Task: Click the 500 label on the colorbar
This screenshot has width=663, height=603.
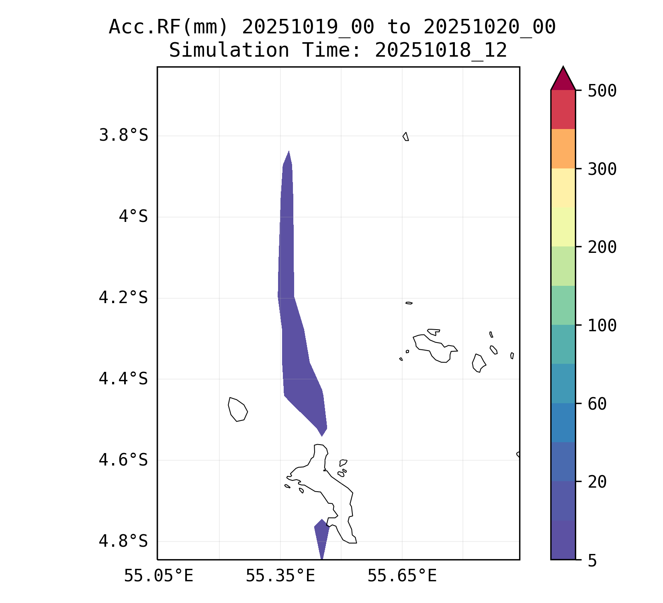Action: click(x=602, y=91)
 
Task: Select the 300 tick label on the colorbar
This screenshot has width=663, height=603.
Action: click(x=602, y=169)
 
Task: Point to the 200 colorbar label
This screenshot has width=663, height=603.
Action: click(x=602, y=247)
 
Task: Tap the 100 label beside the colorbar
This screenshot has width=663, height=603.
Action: click(x=602, y=326)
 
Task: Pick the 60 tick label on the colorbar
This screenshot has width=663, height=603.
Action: click(x=597, y=404)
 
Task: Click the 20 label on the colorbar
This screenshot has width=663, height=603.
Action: click(x=597, y=482)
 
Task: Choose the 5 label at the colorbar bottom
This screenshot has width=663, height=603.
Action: click(x=592, y=560)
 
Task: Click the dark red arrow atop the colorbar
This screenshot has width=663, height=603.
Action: click(x=563, y=80)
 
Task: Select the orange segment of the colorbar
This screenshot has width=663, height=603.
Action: click(x=563, y=148)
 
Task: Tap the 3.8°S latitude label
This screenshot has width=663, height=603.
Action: click(x=123, y=135)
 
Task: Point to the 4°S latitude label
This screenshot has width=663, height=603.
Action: click(x=133, y=217)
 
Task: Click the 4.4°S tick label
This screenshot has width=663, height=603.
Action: click(x=123, y=379)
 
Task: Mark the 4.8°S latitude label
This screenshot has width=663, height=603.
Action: click(x=123, y=541)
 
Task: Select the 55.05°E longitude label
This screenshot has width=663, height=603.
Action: click(x=158, y=576)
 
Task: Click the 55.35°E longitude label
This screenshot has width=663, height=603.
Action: click(x=280, y=576)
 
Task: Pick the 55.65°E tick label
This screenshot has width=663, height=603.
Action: click(x=402, y=576)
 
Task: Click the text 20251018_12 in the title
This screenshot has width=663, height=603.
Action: click(x=441, y=51)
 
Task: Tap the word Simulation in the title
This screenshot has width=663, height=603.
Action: click(x=229, y=51)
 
